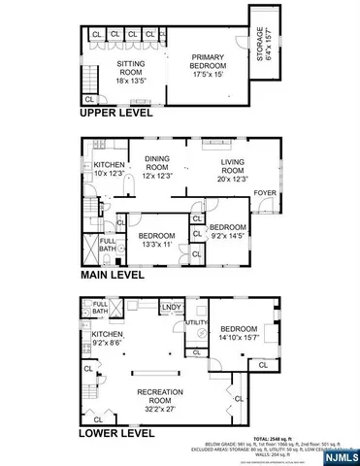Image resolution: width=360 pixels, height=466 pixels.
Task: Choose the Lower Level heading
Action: (x=115, y=433)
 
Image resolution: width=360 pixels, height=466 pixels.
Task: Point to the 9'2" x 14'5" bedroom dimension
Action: (x=230, y=233)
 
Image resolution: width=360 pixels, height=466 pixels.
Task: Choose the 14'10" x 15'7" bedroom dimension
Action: (x=239, y=337)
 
